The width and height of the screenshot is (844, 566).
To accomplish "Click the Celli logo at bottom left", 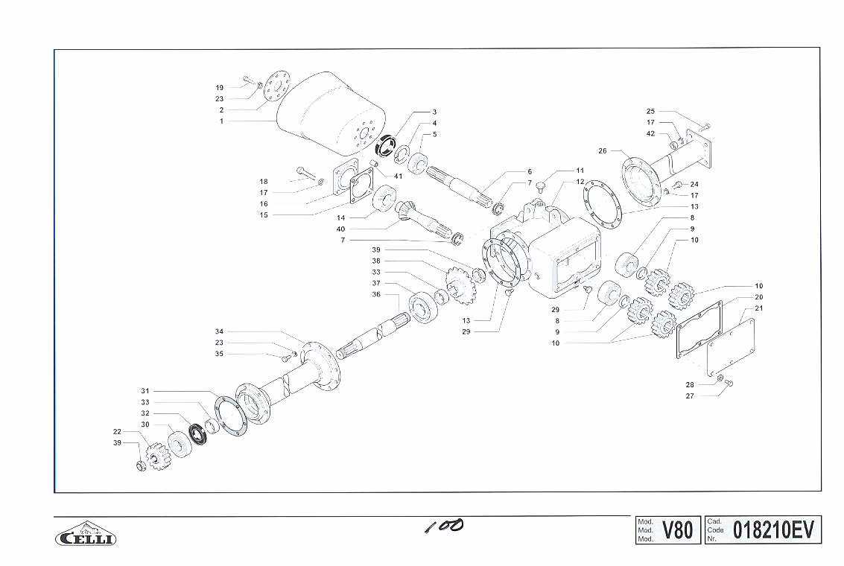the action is click(86, 534).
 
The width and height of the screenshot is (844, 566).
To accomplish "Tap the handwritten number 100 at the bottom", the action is click(443, 526).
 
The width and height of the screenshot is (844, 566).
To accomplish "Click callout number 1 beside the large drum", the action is click(221, 121).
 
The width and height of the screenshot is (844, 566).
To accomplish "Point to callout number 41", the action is click(399, 176).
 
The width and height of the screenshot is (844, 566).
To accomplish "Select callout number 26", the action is click(603, 150).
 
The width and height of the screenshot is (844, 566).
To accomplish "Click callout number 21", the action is click(759, 308).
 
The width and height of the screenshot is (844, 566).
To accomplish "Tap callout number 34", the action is click(219, 331).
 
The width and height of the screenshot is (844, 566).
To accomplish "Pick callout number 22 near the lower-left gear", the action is click(118, 431).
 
